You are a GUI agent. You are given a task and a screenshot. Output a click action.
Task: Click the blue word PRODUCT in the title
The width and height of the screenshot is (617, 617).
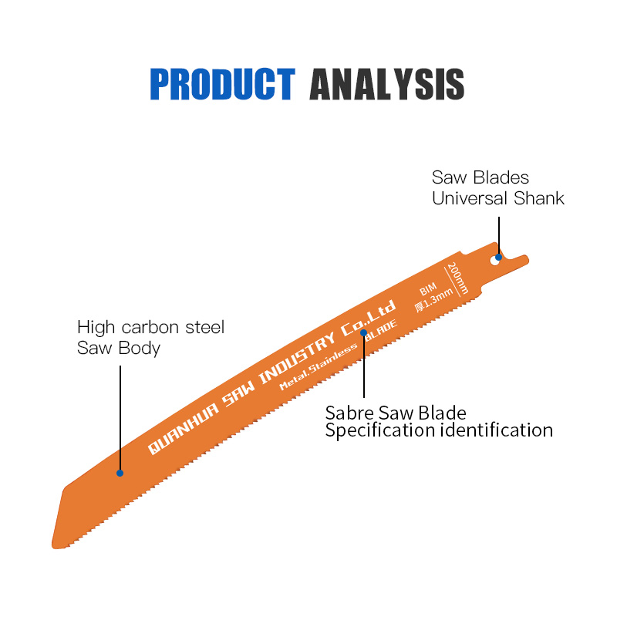222,85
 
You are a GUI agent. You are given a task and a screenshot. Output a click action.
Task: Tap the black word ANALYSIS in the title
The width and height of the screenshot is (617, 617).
386,85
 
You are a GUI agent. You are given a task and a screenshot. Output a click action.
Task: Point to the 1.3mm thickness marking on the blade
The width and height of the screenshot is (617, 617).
433,305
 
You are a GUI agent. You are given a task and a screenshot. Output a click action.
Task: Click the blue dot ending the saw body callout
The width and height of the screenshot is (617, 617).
120,472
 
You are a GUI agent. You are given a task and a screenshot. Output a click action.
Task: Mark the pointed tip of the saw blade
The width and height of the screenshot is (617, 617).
54,546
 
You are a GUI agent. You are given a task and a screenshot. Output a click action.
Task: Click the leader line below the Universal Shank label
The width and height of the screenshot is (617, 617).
499,231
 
